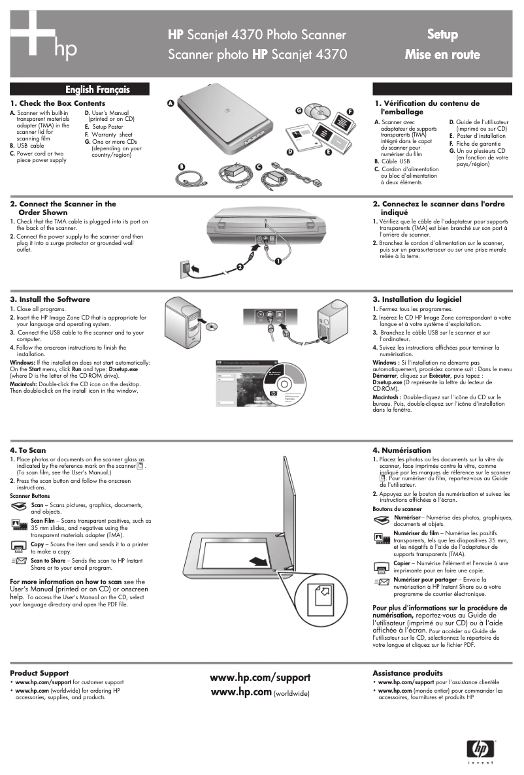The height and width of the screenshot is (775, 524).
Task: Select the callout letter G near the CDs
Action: pos(299,110)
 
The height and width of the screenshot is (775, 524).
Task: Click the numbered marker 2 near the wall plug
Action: pos(240,267)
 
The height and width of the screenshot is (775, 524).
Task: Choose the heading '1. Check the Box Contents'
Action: pos(57,103)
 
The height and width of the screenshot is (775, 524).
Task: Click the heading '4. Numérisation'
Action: pos(402,450)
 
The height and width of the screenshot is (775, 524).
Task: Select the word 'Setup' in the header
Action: pos(442,34)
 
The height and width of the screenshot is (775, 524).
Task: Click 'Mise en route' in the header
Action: pos(442,54)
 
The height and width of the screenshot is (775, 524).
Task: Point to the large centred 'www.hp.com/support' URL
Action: pos(260,678)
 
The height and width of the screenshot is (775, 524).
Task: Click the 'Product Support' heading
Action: pos(39,672)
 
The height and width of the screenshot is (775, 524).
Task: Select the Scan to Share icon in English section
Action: pos(18,561)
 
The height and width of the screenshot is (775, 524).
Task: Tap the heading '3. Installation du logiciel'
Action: pos(417,299)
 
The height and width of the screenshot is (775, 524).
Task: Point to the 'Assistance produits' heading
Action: pos(407,672)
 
